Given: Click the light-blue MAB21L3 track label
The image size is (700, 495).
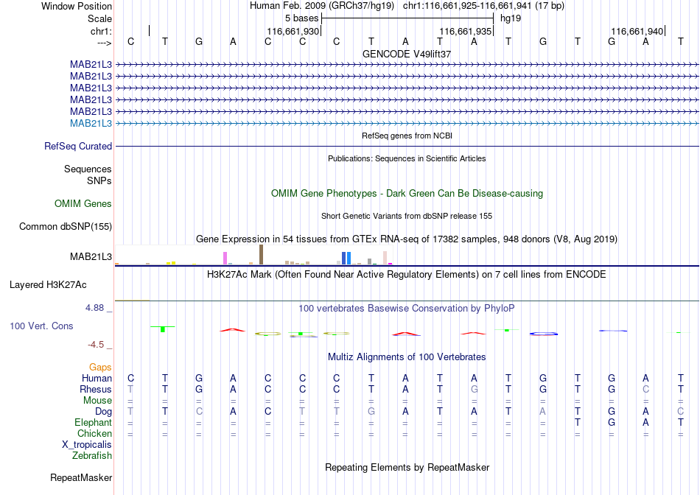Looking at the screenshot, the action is pos(91,123).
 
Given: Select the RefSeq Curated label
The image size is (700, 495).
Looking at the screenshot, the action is pos(78,146).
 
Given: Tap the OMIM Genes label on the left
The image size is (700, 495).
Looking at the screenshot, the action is pos(83,203).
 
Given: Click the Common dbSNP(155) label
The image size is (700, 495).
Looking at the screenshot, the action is pos(66,226).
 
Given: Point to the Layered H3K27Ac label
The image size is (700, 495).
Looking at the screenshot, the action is pos(48,285).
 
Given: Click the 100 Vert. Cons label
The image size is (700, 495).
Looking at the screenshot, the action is pos(41,326).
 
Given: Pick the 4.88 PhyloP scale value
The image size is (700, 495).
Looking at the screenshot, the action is pos(94,308).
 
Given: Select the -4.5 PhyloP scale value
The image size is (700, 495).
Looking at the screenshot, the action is pos(96,344).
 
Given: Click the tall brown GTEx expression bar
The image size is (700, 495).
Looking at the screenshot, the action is pos(261,254).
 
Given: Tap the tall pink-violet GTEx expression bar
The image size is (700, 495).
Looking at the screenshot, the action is pos(225,258).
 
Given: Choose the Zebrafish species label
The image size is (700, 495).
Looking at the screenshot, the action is pos(92,456).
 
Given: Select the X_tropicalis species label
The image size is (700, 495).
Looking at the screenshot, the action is pos(87,445).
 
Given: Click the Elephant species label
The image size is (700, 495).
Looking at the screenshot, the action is pos(93,422).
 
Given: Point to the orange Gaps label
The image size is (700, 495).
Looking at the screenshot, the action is pos(100,367).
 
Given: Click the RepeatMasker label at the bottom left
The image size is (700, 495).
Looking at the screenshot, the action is pos(81,477).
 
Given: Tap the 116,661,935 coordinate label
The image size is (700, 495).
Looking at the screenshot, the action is pos(465,31).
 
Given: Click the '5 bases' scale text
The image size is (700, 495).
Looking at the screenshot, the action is pos(302,18).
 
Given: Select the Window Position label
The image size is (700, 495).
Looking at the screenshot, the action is pos(77,6).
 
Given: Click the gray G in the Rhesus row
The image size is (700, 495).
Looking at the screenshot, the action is pos(474,389).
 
